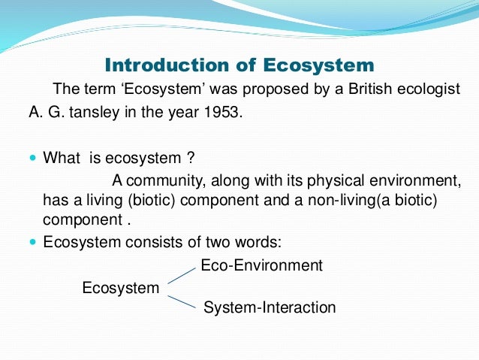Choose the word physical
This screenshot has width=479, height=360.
[337, 180]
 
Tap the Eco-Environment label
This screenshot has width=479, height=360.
[261, 265]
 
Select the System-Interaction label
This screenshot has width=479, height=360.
[270, 307]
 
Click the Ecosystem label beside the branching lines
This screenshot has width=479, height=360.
[120, 288]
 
